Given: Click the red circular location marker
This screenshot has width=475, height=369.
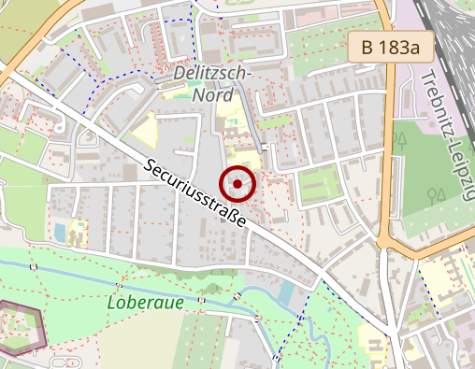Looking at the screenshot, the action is tap(238, 185).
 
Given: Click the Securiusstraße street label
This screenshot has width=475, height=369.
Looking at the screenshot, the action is tap(196, 195).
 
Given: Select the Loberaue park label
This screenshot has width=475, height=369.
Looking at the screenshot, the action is tap(145, 303).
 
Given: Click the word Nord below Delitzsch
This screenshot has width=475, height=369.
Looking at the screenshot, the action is tap(211, 93).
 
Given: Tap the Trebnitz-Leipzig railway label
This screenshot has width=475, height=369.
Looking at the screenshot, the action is tap(450, 131).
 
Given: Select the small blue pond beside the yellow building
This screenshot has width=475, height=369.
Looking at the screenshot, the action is tap(60, 230).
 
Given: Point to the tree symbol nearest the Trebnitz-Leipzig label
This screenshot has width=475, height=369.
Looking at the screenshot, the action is tap(402, 140).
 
